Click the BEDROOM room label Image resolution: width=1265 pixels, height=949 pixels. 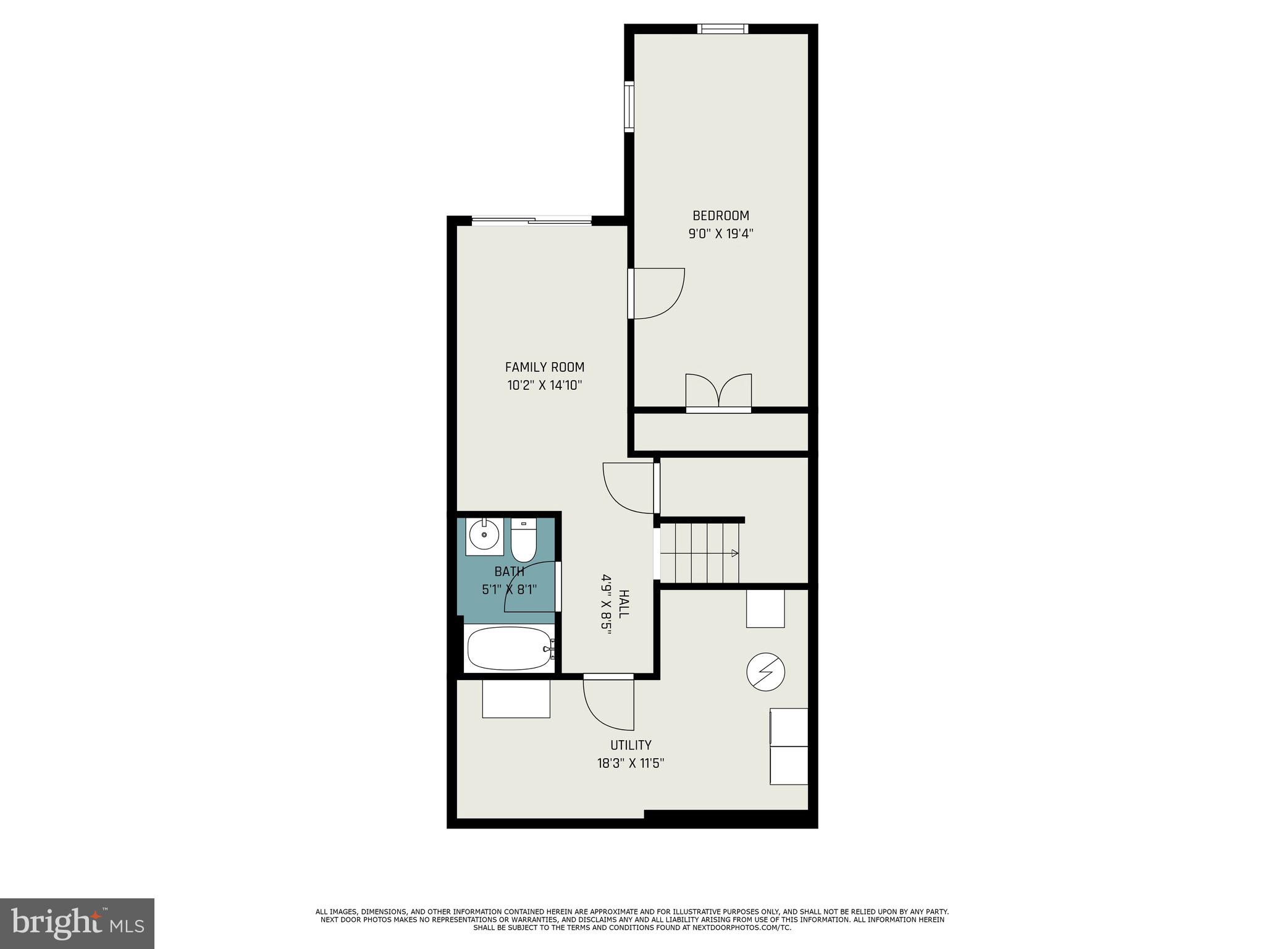point(720,216)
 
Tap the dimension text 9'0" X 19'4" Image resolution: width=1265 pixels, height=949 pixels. point(721,234)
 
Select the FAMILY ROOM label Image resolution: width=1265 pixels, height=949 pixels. point(544,367)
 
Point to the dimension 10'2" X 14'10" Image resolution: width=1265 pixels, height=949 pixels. point(545,386)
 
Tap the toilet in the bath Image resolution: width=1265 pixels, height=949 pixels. point(524,541)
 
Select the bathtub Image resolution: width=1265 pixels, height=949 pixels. point(510,648)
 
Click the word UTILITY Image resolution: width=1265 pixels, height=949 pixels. point(631,745)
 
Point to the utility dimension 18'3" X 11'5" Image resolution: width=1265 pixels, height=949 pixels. point(631,764)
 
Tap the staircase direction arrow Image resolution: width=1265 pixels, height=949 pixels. point(734,553)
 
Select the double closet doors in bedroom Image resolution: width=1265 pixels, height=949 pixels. point(718,392)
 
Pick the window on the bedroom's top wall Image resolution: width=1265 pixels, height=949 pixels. point(723,28)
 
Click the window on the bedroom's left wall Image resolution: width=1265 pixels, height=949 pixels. point(629,106)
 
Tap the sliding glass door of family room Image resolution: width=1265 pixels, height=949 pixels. point(531,221)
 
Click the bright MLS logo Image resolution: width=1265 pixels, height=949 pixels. point(77,924)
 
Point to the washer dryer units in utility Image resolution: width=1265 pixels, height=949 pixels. point(789,746)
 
